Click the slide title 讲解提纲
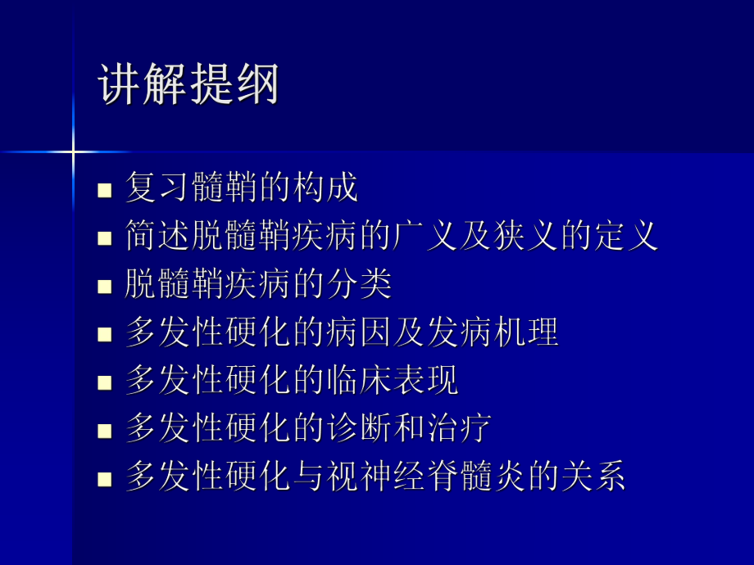click(x=189, y=85)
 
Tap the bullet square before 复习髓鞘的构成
click(x=104, y=191)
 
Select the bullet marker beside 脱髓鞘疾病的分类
click(x=104, y=286)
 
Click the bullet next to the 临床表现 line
click(x=104, y=382)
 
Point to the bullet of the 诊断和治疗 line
click(x=104, y=429)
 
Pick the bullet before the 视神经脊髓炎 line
click(x=104, y=477)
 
